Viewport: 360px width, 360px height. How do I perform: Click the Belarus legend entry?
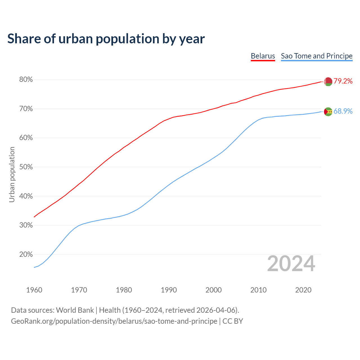(263, 56)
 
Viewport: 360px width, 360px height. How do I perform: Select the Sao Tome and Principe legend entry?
(316, 56)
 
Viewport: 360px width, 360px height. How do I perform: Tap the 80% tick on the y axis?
(26, 80)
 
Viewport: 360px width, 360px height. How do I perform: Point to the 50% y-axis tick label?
(26, 167)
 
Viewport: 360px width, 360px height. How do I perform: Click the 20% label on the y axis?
(26, 255)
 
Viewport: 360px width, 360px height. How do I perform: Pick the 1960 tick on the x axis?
(34, 290)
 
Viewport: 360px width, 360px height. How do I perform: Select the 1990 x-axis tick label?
(169, 290)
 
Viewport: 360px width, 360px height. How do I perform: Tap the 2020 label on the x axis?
(303, 290)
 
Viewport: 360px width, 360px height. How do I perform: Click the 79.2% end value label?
(343, 81)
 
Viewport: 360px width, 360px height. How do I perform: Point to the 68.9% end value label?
(343, 111)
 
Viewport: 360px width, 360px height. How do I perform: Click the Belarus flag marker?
(328, 82)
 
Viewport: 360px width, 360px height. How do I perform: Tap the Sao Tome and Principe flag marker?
(328, 112)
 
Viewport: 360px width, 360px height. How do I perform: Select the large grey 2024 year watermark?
(291, 264)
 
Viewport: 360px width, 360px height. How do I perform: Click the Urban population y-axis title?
(12, 174)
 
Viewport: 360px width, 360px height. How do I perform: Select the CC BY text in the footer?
(233, 321)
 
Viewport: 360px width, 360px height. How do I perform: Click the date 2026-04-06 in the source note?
(216, 310)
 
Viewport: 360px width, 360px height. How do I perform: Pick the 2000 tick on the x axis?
(213, 290)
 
